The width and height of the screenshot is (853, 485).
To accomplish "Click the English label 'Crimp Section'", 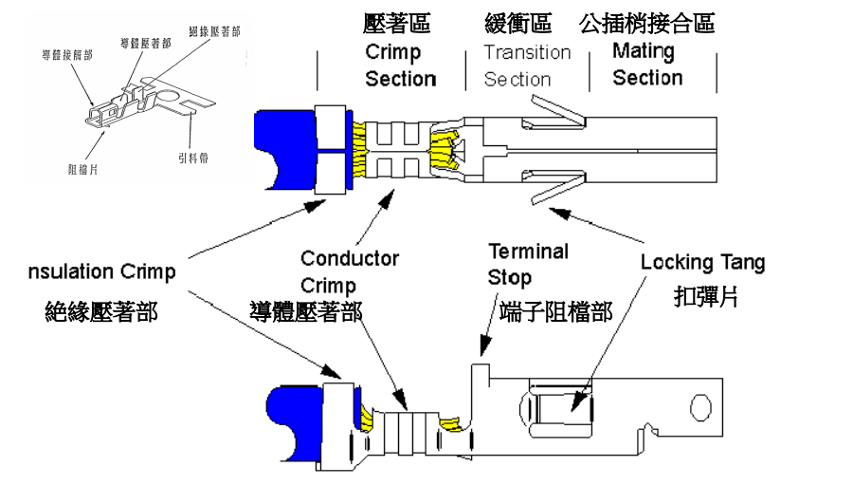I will coord(400,65).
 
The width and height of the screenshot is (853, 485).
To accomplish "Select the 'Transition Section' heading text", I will coord(527,65).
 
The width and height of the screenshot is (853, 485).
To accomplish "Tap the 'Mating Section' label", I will coord(646,65).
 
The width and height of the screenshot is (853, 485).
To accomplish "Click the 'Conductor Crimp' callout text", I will coord(349,271).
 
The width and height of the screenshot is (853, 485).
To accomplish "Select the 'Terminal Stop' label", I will coord(528,265).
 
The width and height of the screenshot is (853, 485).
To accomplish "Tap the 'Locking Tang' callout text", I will coord(702,262).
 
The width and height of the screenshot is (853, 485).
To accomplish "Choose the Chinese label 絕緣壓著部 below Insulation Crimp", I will coord(101,312).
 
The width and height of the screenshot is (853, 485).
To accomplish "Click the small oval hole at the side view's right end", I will coord(700,407).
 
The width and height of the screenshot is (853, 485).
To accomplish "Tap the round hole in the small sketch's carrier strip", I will coord(171,95).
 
